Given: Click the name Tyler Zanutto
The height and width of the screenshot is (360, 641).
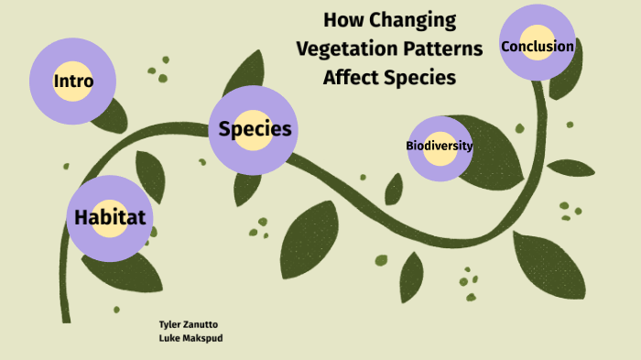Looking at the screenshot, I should [189, 324].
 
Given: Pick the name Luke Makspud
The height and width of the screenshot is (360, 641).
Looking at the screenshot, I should [190, 337].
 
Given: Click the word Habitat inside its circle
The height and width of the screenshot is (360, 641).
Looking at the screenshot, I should [110, 218].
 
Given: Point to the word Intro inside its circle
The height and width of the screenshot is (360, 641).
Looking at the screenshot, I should [73, 81].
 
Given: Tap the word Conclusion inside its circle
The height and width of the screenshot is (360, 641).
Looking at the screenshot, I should [538, 46].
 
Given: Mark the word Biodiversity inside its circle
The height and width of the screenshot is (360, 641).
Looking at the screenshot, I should [440, 146].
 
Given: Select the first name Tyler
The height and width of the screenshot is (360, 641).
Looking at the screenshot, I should [171, 324].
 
